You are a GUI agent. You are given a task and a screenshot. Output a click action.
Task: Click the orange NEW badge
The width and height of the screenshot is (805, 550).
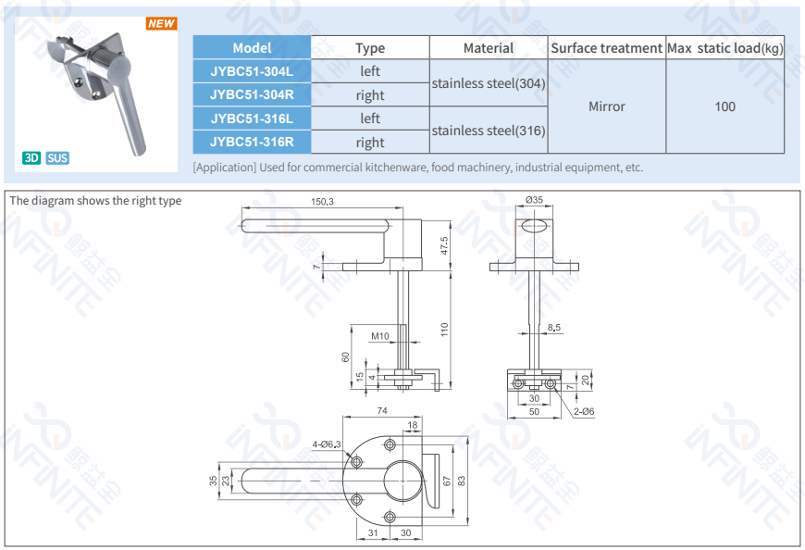coord(161,23)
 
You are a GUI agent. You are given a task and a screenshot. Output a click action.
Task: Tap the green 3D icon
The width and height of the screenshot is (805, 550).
coord(31,157)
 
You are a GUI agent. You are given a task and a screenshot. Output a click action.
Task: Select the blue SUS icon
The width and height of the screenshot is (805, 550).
coord(57,157)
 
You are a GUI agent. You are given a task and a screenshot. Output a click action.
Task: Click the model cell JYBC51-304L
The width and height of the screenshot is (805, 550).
coord(251,71)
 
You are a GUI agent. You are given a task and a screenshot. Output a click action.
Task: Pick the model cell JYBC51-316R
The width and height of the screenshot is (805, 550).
coord(251,142)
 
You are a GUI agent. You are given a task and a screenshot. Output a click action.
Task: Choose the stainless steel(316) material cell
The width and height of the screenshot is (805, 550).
coord(489,131)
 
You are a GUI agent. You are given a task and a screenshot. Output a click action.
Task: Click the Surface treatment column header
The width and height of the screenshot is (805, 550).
coord(606,48)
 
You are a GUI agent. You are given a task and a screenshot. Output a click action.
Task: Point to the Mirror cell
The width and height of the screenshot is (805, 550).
coord(606,106)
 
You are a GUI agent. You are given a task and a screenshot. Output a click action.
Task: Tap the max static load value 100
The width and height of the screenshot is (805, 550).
coord(724,106)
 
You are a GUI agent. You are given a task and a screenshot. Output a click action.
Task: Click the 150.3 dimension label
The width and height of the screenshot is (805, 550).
coord(322,202)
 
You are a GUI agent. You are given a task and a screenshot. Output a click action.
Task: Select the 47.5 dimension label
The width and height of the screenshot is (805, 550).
coord(444,246)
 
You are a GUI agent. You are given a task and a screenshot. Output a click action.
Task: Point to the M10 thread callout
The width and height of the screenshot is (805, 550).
coord(379,336)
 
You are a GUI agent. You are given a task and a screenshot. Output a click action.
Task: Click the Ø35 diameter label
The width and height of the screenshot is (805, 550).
coord(534,200)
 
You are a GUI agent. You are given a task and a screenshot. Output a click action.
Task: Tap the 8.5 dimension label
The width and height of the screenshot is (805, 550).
coord(553,328)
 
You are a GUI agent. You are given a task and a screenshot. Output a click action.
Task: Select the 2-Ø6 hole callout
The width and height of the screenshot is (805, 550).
coord(582,411)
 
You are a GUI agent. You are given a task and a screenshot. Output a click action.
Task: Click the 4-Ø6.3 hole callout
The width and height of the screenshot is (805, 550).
coord(326,444)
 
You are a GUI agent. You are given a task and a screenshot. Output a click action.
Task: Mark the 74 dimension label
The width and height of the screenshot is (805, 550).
coord(382,410)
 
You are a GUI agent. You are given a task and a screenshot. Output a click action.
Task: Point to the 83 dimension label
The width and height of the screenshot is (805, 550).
coord(461,480)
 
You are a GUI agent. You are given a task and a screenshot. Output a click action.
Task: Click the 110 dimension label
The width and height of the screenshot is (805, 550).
coord(444,329)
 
